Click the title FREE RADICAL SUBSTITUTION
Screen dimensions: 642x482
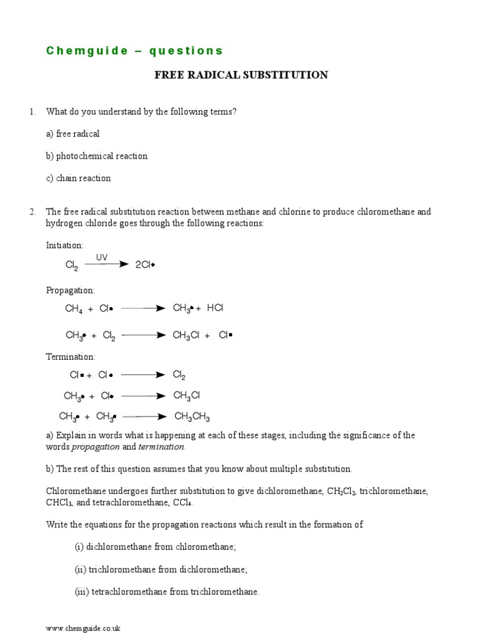(x=241, y=75)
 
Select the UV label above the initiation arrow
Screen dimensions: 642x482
(x=102, y=258)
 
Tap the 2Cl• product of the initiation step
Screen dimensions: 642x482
(x=145, y=265)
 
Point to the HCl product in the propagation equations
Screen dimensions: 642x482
(x=215, y=308)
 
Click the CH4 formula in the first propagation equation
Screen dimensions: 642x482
(x=74, y=308)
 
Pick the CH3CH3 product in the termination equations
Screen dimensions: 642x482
(x=192, y=417)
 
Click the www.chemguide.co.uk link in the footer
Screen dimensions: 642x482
(x=83, y=628)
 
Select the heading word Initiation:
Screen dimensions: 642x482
(x=65, y=245)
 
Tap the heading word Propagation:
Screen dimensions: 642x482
(x=70, y=290)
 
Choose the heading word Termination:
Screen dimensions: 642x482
(x=70, y=357)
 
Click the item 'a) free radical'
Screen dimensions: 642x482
(x=73, y=134)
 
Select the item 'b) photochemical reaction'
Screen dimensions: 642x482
(x=97, y=156)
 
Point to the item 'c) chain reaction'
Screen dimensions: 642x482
(x=78, y=178)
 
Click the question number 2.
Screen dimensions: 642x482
(x=32, y=212)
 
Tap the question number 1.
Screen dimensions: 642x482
(x=32, y=112)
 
